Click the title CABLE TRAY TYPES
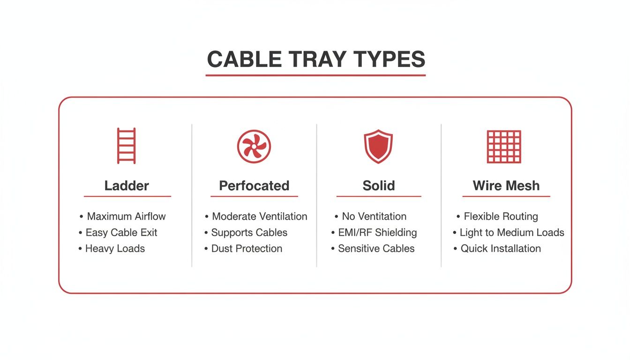pyautogui.click(x=315, y=60)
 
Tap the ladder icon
pyautogui.click(x=127, y=146)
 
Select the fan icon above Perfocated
pyautogui.click(x=254, y=146)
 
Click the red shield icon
pyautogui.click(x=378, y=146)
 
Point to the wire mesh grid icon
pyautogui.click(x=504, y=146)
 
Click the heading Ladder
pyautogui.click(x=127, y=186)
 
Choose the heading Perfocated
pyautogui.click(x=254, y=186)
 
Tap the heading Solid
pyautogui.click(x=379, y=186)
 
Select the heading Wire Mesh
pyautogui.click(x=506, y=186)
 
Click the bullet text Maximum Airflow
pyautogui.click(x=126, y=217)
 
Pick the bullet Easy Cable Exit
pyautogui.click(x=121, y=232)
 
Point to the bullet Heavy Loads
pyautogui.click(x=115, y=248)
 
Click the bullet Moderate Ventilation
pyautogui.click(x=259, y=217)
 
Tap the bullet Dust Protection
pyautogui.click(x=247, y=248)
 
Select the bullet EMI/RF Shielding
pyautogui.click(x=377, y=232)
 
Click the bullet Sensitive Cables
pyautogui.click(x=376, y=248)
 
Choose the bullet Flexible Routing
pyautogui.click(x=501, y=217)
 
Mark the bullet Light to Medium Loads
pyautogui.click(x=511, y=232)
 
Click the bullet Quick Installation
pyautogui.click(x=501, y=248)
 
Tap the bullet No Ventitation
pyautogui.click(x=374, y=217)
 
